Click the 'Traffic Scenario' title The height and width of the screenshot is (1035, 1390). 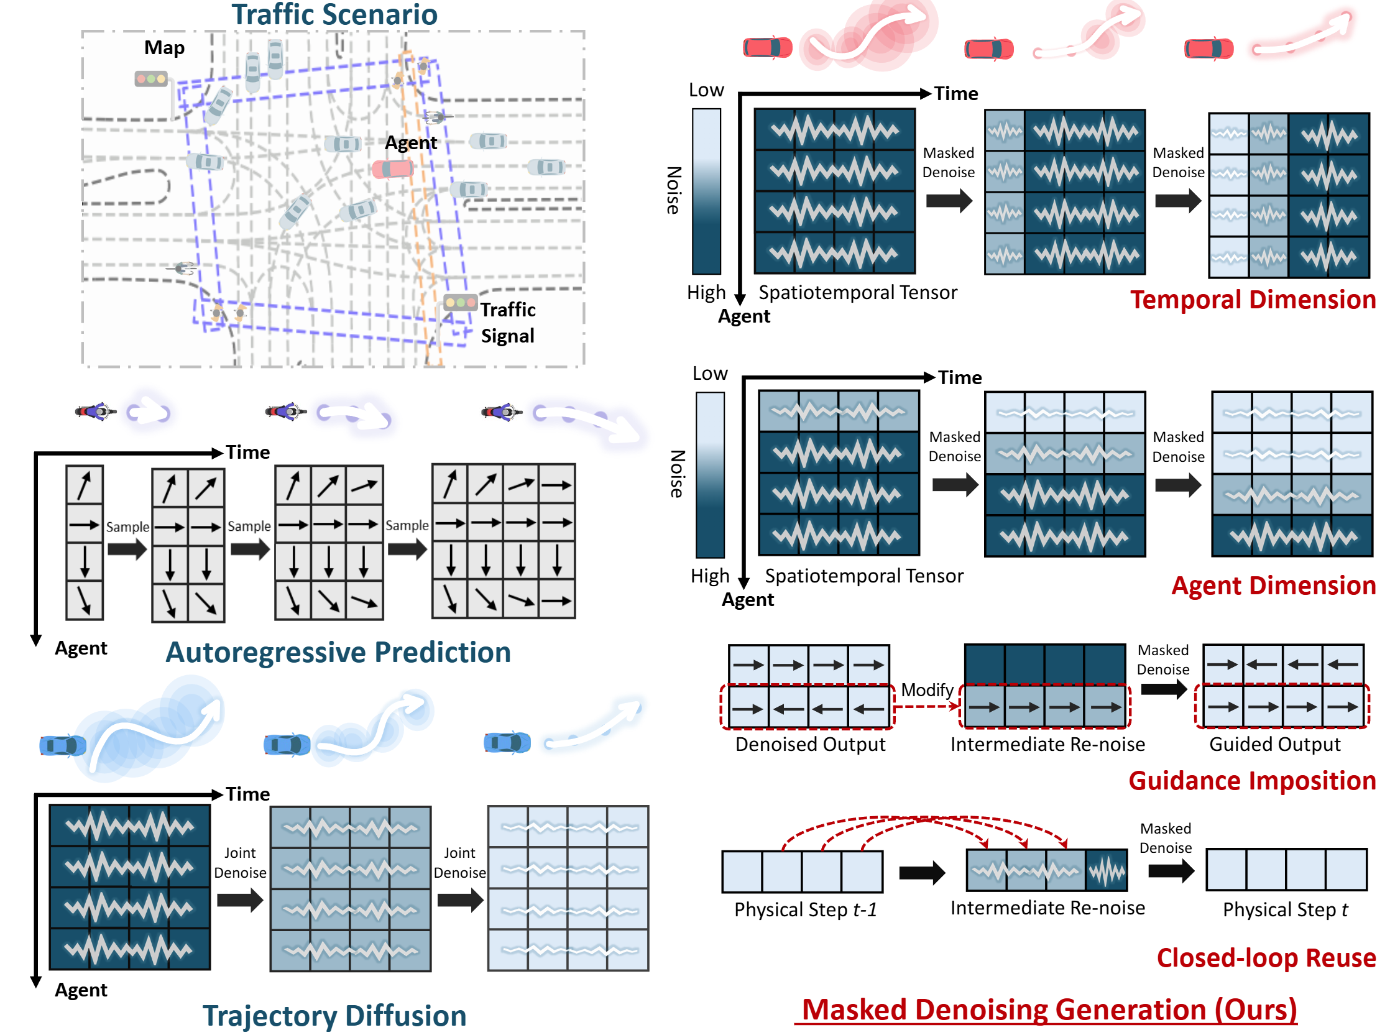point(334,15)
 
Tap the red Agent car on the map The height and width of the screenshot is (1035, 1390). point(393,169)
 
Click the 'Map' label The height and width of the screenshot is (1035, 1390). point(164,48)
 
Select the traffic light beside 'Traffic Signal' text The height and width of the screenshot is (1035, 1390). point(460,303)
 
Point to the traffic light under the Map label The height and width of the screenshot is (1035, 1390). point(151,79)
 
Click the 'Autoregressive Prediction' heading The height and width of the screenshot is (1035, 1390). point(338,652)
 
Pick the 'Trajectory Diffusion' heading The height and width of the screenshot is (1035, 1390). point(334,1015)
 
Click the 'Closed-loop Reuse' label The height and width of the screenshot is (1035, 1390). point(1265,958)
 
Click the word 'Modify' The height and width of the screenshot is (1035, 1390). point(926,690)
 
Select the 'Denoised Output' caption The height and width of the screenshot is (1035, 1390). point(809,744)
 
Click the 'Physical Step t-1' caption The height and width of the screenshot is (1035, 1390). point(805,909)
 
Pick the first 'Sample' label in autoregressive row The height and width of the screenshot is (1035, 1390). point(127,527)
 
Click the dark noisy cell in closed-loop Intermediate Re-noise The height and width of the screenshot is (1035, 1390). point(1106,871)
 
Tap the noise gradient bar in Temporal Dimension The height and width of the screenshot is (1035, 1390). point(706,191)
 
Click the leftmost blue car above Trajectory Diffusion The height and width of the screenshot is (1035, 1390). point(63,745)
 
